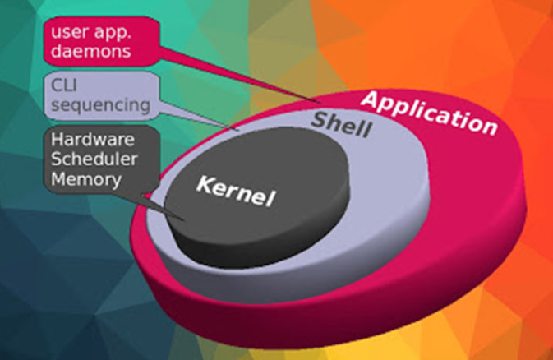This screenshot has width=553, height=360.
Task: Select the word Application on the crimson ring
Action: point(429,112)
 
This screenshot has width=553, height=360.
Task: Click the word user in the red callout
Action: point(68,34)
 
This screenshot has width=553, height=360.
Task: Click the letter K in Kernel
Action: point(202,182)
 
